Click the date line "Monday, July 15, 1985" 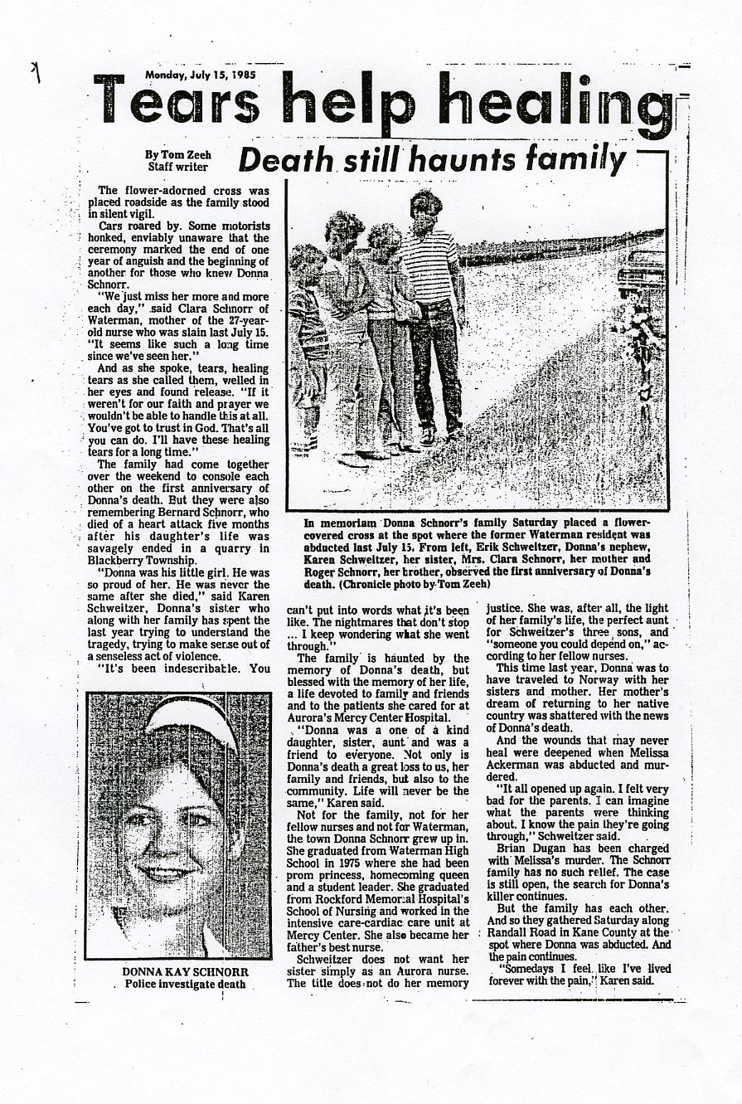201,74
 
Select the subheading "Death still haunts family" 431,158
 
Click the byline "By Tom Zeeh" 177,154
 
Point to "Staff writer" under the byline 178,166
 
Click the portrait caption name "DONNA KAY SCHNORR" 178,970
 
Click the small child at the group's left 306,348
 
